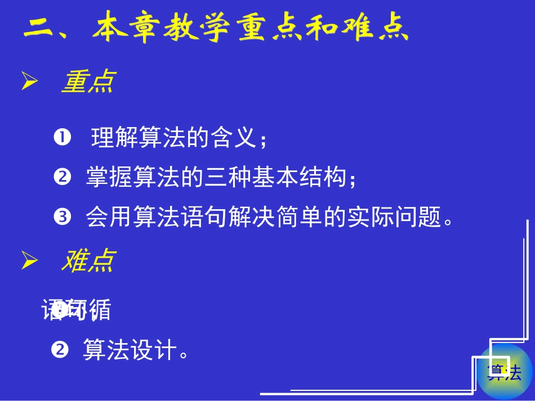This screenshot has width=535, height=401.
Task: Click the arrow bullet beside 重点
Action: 29,83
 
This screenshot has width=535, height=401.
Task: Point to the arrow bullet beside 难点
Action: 29,261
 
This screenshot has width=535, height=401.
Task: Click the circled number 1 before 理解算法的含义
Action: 62,137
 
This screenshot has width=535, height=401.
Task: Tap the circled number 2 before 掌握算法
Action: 61,178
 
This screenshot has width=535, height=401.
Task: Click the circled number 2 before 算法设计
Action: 59,350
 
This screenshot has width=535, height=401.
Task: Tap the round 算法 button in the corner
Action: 505,372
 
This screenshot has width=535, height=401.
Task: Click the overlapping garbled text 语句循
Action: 77,309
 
